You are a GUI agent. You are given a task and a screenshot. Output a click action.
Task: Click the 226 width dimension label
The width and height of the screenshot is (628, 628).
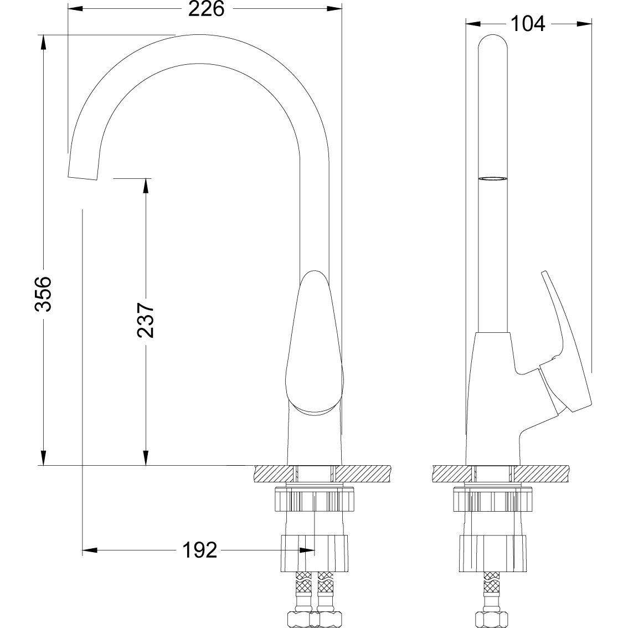[x=206, y=9]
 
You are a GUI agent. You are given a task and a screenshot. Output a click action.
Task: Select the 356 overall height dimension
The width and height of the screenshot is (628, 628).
[x=43, y=293]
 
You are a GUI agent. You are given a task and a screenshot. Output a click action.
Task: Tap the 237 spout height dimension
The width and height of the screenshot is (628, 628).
[x=146, y=320]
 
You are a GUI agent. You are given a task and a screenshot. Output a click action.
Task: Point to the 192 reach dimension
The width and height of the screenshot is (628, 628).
[x=200, y=550]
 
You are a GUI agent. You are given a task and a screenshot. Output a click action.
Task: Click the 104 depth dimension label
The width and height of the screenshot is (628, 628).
[x=528, y=23]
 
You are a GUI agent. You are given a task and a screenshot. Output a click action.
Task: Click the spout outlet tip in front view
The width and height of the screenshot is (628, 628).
[x=83, y=171]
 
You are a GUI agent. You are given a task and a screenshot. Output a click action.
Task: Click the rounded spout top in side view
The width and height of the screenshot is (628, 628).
[x=492, y=47]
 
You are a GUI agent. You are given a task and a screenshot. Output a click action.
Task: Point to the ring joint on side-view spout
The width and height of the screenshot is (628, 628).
[x=492, y=178]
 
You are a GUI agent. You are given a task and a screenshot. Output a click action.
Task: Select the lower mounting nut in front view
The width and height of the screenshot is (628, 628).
[x=315, y=553]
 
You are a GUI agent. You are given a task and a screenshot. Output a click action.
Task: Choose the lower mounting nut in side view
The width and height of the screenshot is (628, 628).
[x=492, y=553]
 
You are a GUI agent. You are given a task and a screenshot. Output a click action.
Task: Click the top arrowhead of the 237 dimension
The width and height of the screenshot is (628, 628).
[x=146, y=186]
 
